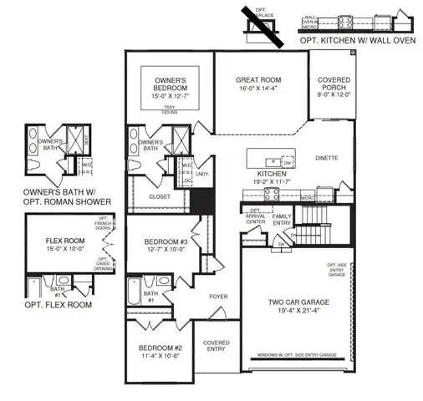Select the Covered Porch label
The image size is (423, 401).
(334, 85)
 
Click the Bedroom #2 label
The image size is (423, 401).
(161, 348)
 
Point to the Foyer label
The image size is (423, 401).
(218, 296)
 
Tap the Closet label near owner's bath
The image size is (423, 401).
(158, 197)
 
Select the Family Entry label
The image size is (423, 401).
(283, 219)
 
